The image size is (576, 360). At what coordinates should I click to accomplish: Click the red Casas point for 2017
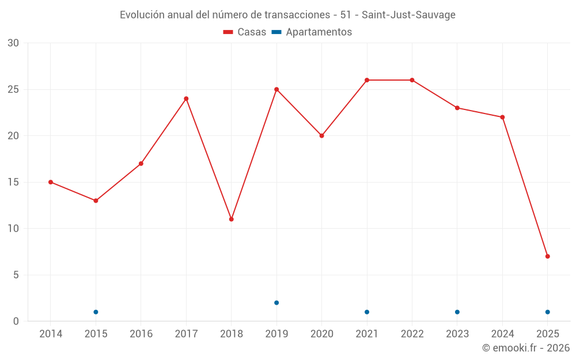(x=186, y=98)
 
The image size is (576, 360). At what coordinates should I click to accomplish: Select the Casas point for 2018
(x=231, y=219)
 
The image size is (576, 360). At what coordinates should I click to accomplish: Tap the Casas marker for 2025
(x=547, y=256)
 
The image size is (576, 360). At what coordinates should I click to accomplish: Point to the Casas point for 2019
(x=276, y=89)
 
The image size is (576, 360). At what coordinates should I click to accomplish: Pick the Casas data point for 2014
(x=51, y=182)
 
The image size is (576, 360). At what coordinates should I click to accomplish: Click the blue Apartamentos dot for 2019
(x=276, y=302)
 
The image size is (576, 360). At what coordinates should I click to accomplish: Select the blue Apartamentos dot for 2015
(x=96, y=312)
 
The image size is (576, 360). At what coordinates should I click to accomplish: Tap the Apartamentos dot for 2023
(x=457, y=312)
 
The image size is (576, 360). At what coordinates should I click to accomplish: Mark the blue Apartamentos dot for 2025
(x=547, y=312)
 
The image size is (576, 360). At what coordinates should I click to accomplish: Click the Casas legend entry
(x=245, y=32)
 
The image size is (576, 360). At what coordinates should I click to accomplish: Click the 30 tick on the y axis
(x=13, y=43)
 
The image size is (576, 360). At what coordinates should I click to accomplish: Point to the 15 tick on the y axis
(x=13, y=182)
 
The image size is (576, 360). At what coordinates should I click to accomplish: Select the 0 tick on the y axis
(x=16, y=321)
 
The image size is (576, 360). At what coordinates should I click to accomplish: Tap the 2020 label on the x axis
(x=321, y=334)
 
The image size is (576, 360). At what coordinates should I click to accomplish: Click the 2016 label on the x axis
(x=141, y=334)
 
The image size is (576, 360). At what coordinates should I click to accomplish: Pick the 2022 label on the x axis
(x=412, y=334)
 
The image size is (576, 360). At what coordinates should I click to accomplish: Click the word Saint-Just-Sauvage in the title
(x=408, y=15)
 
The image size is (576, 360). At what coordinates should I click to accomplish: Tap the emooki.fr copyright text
(x=526, y=348)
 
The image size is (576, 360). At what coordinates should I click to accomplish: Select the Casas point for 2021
(x=367, y=80)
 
